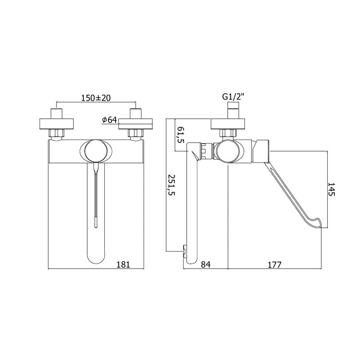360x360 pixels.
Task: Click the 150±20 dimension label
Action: [96, 98]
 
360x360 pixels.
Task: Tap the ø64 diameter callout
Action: [109, 120]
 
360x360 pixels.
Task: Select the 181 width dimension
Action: [123, 265]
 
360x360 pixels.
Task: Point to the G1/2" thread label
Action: [233, 97]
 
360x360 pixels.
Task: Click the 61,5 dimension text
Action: [181, 135]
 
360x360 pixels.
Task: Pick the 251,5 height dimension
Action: [171, 185]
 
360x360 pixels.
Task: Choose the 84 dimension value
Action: [206, 265]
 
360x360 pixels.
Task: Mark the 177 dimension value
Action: [274, 265]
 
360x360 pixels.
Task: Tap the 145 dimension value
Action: [331, 189]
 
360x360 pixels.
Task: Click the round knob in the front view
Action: [95, 151]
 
